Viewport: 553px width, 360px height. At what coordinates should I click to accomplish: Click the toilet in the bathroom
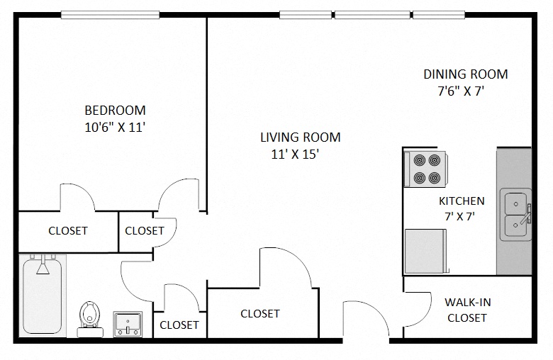pos(89,315)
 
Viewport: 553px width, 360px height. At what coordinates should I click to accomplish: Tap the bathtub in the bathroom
pos(43,296)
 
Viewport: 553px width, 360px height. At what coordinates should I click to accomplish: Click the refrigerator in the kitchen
pos(425,250)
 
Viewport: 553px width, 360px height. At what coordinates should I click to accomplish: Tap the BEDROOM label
pos(115,111)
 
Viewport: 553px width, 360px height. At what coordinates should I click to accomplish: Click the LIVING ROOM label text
pos(300,137)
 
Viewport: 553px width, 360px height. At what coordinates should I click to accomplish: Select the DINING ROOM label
pos(465,74)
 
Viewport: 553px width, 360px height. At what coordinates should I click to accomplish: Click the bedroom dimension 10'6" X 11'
pos(115,128)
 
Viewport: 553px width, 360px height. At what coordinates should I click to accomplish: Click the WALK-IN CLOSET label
pos(467,310)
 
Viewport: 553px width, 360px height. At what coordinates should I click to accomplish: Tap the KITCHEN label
pos(462,201)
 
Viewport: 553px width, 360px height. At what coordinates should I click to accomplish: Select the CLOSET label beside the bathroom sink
pos(179,325)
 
